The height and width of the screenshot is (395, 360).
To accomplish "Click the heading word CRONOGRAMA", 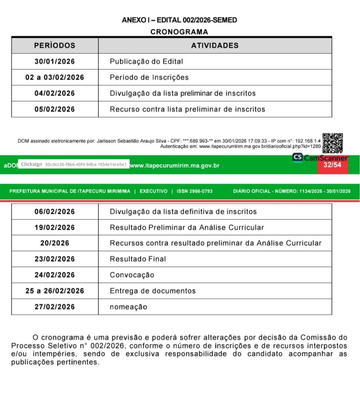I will click(179, 32).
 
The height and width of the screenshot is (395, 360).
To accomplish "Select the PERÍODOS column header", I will click(54, 45).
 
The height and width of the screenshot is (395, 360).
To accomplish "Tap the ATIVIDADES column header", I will click(215, 45).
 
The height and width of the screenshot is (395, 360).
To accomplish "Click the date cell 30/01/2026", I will click(54, 62).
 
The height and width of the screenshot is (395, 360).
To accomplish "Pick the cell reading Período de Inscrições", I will click(149, 77).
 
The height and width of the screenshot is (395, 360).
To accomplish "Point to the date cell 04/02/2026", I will click(54, 93).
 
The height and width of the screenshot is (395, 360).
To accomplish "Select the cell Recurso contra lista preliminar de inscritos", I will click(187, 109).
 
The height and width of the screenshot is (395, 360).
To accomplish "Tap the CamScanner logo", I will click(321, 158).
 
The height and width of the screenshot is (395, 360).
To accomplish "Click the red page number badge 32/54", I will click(332, 165).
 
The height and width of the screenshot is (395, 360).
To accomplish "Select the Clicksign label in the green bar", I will click(32, 164).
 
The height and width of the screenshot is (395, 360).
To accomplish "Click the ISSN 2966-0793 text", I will click(195, 191).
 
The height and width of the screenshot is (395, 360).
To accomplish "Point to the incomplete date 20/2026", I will click(54, 243).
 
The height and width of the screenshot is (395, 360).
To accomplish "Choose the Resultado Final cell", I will click(138, 259).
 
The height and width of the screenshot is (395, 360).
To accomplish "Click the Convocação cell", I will click(132, 275).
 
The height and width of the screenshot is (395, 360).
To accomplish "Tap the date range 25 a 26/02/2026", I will click(54, 291).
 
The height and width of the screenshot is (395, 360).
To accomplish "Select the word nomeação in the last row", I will click(128, 307).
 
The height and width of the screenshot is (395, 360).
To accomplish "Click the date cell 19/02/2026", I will click(54, 228).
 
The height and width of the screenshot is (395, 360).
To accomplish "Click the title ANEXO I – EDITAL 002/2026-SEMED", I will click(179, 20).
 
